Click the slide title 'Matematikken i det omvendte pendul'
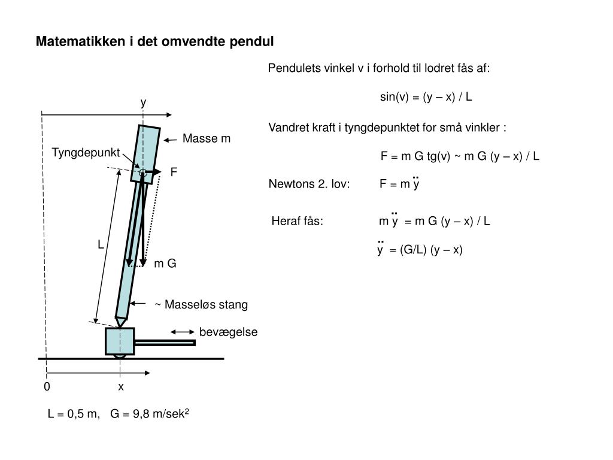(154, 41)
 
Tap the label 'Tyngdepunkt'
(86, 152)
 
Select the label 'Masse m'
(206, 139)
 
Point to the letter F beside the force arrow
(174, 172)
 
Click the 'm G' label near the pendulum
(165, 264)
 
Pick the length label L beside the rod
(101, 245)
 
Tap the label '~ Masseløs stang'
(201, 305)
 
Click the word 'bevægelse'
(228, 332)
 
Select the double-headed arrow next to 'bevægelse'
(183, 331)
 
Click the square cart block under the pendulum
(120, 341)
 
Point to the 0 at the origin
(47, 387)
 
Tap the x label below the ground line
(121, 387)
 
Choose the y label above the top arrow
(143, 102)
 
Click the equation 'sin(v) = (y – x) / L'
(426, 96)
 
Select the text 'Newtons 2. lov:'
(309, 184)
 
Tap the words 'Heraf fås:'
(298, 221)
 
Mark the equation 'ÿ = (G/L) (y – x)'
(420, 250)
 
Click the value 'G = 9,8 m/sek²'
(150, 414)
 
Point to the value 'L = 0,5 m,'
(74, 414)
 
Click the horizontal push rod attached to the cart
(165, 343)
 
